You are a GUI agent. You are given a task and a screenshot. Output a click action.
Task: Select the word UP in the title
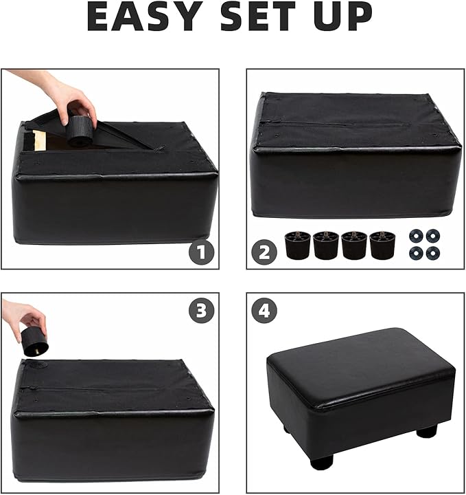point(343,16)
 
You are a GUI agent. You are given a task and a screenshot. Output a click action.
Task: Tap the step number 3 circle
point(200,310)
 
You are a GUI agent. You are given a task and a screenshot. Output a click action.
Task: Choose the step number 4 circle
point(264,310)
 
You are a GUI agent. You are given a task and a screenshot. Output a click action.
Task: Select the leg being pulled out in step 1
point(81,131)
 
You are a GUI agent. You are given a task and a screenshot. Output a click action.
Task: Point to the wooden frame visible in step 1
point(34,140)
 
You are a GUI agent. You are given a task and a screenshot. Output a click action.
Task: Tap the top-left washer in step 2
point(415,236)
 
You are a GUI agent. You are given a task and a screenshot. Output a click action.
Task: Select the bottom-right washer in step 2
point(432,252)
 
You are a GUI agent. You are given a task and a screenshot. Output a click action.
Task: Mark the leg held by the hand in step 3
point(34,341)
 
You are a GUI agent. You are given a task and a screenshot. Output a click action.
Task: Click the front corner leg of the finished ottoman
point(322,461)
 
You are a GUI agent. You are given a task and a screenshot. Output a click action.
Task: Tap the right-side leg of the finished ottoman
point(427,431)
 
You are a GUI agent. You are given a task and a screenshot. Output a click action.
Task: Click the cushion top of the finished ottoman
point(357,357)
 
